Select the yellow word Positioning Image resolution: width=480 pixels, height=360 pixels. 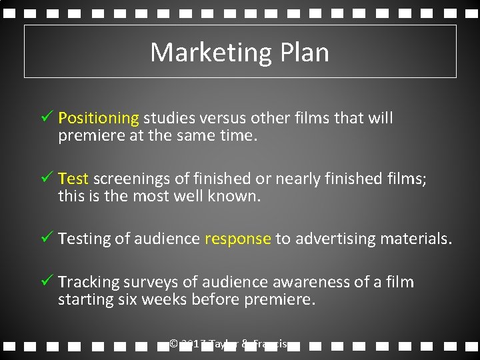[x=98, y=119]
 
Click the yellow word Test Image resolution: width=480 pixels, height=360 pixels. [x=73, y=179]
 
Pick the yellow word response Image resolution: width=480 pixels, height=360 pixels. [x=238, y=239]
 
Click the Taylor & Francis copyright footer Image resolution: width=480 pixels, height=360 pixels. [x=229, y=345]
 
